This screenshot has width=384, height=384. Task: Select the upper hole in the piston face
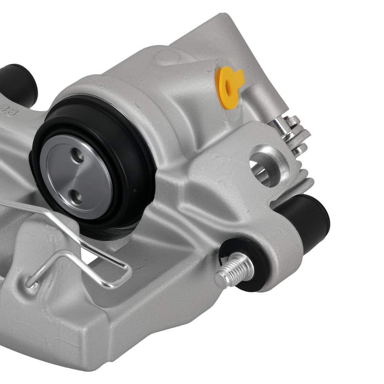78,156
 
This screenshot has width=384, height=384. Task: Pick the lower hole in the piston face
77,198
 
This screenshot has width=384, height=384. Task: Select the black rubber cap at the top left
19,84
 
